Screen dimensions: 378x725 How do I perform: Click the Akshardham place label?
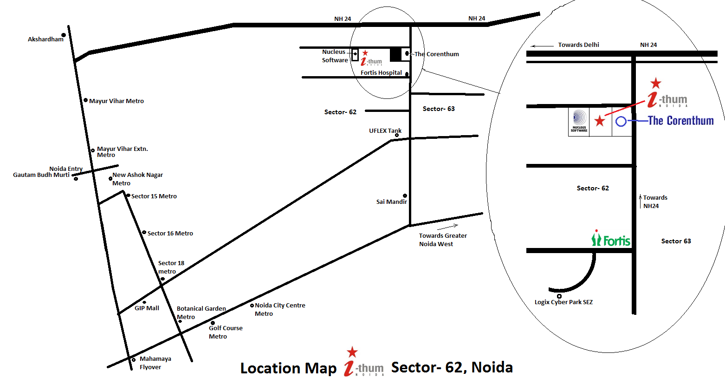click(45, 39)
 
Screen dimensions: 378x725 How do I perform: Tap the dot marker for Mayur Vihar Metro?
click(85, 100)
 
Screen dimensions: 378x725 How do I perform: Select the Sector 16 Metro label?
click(170, 234)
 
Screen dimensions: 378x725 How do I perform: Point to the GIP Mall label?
click(147, 308)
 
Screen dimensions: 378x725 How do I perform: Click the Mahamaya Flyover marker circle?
click(134, 360)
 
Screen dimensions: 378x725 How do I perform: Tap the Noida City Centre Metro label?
click(280, 309)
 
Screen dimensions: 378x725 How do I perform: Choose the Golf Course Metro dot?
click(213, 323)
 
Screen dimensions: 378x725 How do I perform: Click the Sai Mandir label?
click(391, 202)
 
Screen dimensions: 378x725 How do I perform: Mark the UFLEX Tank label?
click(385, 131)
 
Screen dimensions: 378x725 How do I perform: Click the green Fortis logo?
click(611, 239)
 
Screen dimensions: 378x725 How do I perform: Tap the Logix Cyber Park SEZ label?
click(563, 302)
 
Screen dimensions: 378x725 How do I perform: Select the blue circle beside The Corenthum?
click(621, 122)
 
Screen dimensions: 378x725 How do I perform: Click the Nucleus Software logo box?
click(579, 122)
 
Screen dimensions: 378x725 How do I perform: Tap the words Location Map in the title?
click(288, 368)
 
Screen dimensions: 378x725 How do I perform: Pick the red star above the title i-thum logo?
click(352, 352)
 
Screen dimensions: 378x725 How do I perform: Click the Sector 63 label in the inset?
click(676, 241)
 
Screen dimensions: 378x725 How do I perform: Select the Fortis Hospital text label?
click(381, 73)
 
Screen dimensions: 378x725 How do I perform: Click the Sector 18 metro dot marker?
click(162, 279)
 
